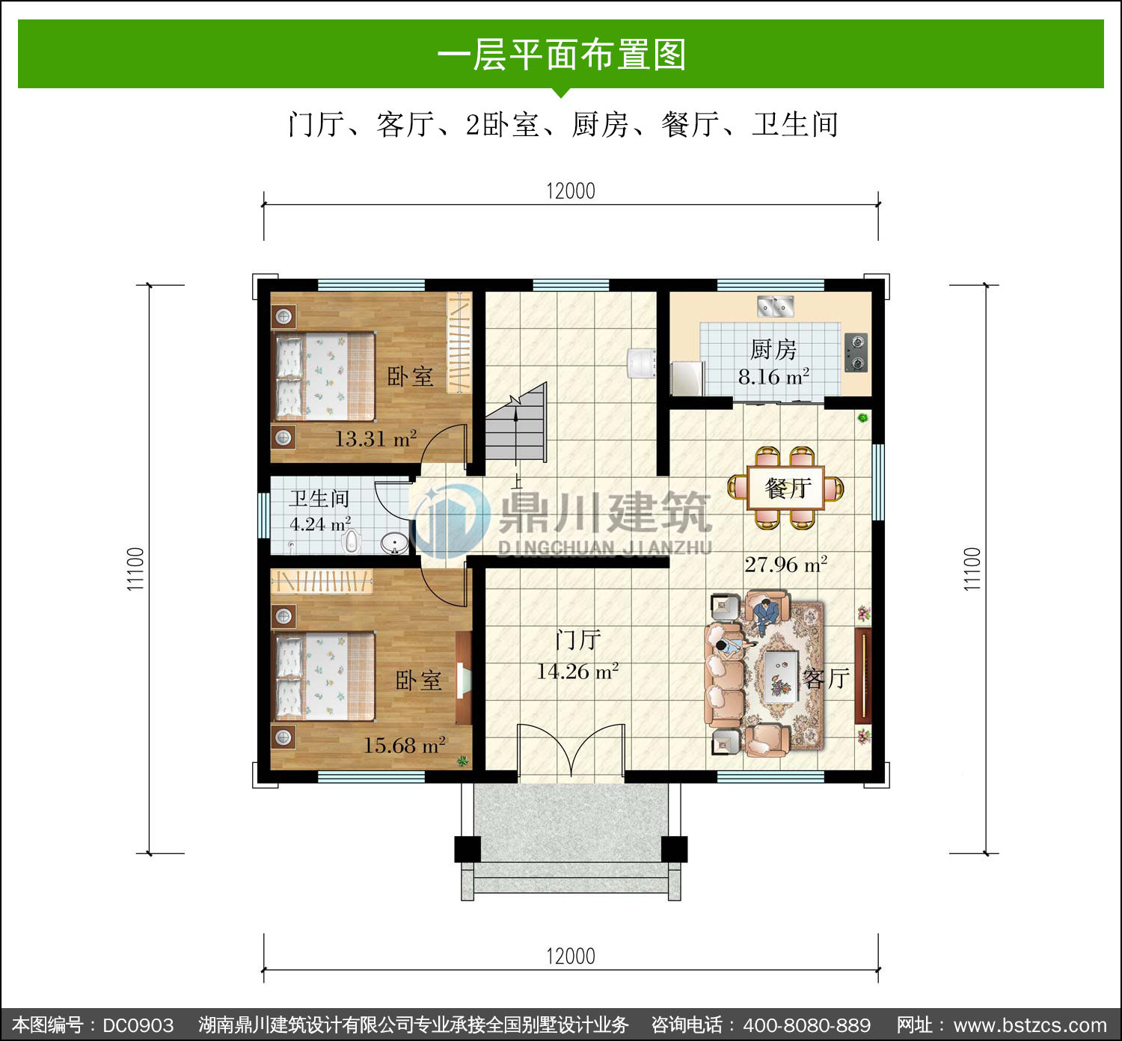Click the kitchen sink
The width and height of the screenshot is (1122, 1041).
coord(775,306)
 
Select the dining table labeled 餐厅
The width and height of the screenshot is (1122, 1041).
coord(785,488)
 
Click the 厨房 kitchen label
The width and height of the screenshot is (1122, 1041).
coord(773,350)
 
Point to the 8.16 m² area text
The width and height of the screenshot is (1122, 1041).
coord(773,376)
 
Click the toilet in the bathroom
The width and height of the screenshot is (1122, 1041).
coord(351,541)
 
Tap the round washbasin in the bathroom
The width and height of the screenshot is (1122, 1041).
coord(394,544)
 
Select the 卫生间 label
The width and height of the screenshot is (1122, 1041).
coord(319,499)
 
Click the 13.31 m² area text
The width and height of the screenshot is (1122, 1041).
coord(375,438)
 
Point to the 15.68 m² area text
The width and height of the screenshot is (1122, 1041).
coord(404,745)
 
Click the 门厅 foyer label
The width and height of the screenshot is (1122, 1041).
coord(577,639)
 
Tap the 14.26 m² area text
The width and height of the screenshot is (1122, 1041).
coord(577,671)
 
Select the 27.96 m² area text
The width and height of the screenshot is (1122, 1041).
coord(786,564)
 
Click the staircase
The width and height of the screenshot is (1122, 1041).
coord(516,421)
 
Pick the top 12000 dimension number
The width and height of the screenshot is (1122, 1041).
coord(571,191)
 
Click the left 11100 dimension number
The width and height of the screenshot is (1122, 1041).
coord(135,569)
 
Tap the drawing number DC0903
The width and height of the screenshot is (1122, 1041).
coord(138,1025)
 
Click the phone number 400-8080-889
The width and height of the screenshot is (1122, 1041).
coord(807,1025)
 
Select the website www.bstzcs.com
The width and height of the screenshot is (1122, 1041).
coord(1030,1025)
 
